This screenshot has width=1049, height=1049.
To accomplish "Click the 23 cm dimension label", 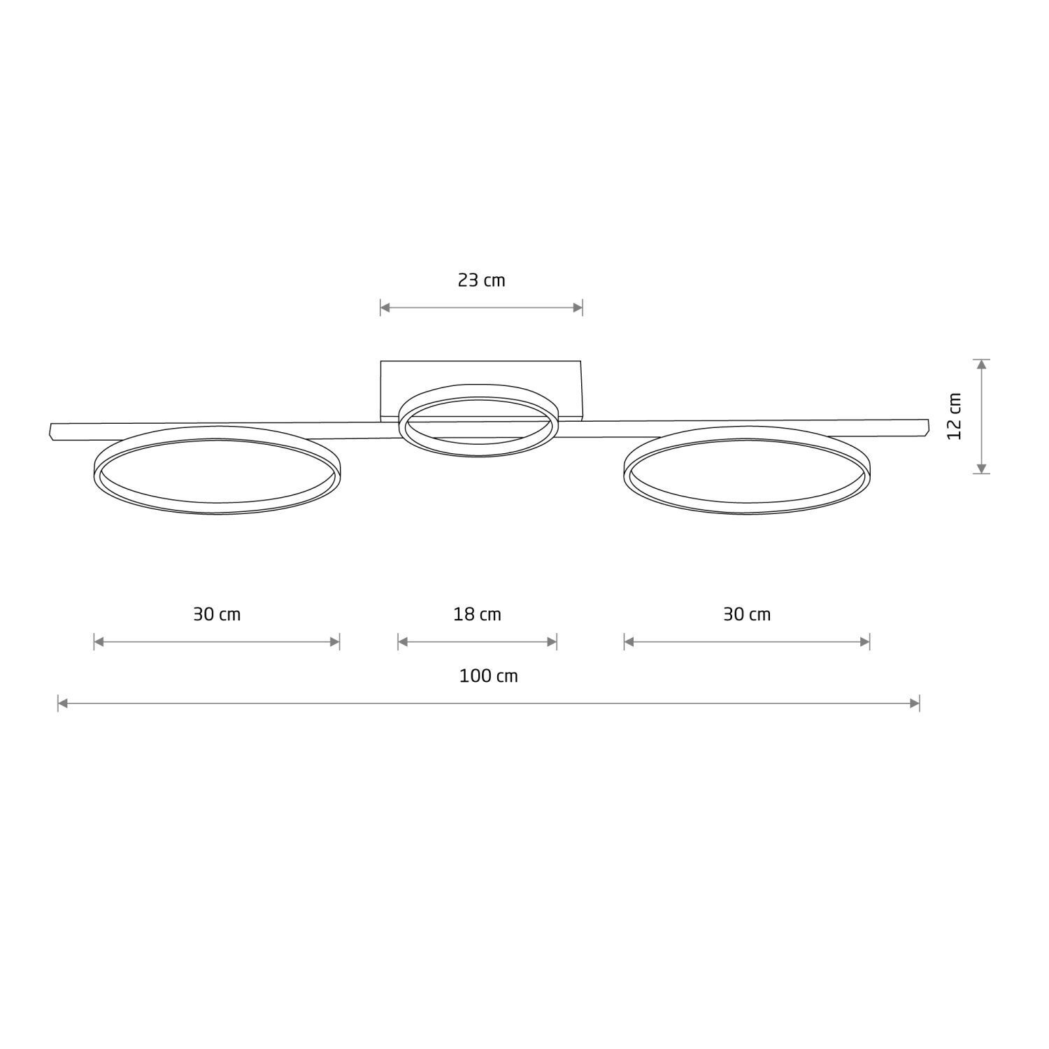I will [x=481, y=280].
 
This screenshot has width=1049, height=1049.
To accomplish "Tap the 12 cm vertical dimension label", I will [x=955, y=416].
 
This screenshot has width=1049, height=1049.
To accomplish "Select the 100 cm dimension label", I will [x=488, y=676].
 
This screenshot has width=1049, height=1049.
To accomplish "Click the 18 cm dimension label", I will [x=477, y=615].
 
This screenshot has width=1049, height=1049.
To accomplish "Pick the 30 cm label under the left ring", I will [x=217, y=615].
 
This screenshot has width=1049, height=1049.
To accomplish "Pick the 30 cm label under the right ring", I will [x=747, y=615].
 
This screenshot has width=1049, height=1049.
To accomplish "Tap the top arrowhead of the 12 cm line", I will [x=982, y=364].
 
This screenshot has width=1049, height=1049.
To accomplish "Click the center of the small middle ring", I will [x=478, y=420].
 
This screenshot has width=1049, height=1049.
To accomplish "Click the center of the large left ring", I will [x=217, y=469].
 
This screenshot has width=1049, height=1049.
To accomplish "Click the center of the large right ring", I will [x=747, y=469].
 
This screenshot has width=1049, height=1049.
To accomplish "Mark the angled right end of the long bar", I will [x=927, y=427].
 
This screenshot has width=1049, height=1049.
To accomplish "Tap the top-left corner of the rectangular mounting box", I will [x=381, y=362].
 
